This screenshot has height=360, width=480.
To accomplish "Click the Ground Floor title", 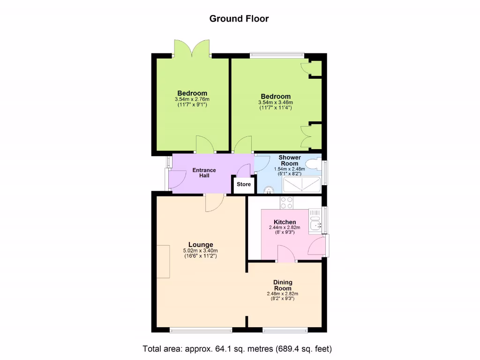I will [239, 19].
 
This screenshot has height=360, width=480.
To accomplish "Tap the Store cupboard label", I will [244, 184].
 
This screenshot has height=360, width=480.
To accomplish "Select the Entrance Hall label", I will [204, 173].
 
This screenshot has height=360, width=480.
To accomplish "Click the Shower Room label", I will [290, 160].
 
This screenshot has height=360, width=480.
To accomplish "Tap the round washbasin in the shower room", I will [269, 190].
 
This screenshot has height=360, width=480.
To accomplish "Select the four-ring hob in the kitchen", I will [286, 202].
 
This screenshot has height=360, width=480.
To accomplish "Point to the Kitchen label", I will [285, 222].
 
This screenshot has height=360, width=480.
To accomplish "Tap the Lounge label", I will [201, 245].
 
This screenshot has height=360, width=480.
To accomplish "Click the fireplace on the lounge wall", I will [163, 261].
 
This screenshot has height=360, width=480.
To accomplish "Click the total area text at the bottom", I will [237, 349].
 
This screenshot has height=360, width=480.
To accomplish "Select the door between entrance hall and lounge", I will [214, 202].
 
